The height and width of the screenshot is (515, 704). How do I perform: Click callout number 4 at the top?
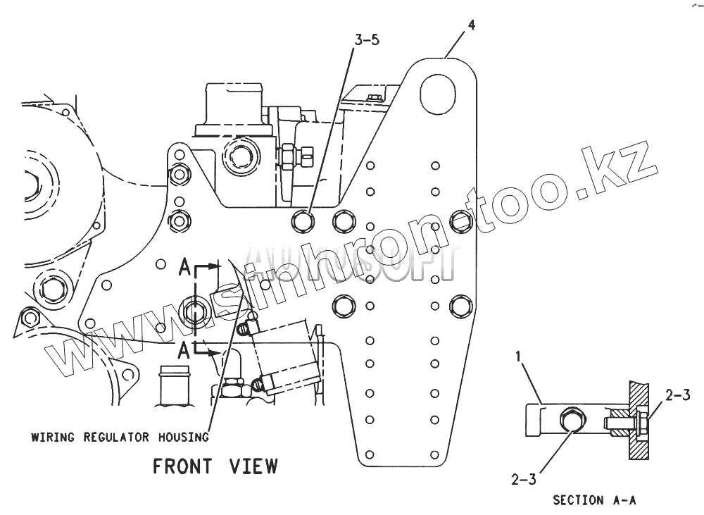pos(471,25)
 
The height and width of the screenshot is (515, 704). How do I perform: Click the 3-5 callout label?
pos(367,40)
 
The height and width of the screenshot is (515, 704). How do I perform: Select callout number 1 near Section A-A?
pos(519,358)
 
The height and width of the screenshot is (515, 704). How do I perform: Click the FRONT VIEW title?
pos(215,466)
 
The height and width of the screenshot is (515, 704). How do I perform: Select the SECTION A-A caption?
pos(594,500)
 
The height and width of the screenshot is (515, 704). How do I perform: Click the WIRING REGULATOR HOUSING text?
pos(120,437)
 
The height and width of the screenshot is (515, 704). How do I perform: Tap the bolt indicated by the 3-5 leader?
pos(303,221)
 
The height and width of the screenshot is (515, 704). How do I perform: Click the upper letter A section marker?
pos(184,266)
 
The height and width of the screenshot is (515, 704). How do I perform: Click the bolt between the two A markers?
pos(194,311)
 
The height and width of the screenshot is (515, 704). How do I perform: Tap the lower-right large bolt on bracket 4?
pos(460,306)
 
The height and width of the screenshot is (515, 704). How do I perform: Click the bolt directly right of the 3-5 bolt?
pos(344,221)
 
